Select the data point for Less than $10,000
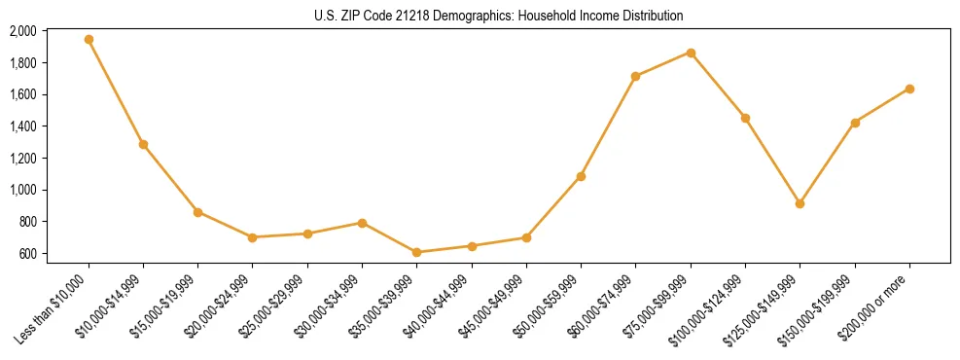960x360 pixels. point(89,40)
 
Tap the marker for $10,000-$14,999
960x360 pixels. point(143,144)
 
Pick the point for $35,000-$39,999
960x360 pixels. point(416,252)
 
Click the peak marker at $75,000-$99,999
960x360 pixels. point(691,53)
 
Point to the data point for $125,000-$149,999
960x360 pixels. point(800,203)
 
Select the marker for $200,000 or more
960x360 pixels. point(909,89)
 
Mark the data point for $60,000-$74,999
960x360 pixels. point(635,76)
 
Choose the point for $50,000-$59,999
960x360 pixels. point(581,176)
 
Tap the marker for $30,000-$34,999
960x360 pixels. point(362,223)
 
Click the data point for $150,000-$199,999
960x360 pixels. point(855,123)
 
